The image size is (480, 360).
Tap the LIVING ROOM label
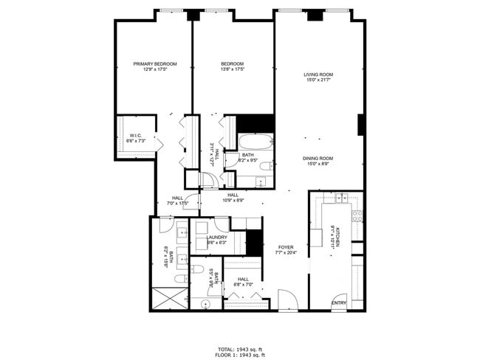pos(318,75)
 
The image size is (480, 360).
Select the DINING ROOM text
pos(318,158)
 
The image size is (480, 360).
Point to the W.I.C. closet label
pos(136,136)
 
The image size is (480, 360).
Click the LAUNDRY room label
pos(216,238)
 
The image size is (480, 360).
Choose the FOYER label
pos(286,247)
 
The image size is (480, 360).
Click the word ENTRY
pos(338,303)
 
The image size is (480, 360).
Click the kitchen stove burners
pos(357,216)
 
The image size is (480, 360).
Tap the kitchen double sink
pos(341,198)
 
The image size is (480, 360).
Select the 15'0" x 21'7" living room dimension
pos(318,80)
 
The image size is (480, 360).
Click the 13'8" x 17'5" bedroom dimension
pos(233,69)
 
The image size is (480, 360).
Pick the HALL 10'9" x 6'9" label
pos(233,198)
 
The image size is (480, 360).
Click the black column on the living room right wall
pos(361,125)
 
